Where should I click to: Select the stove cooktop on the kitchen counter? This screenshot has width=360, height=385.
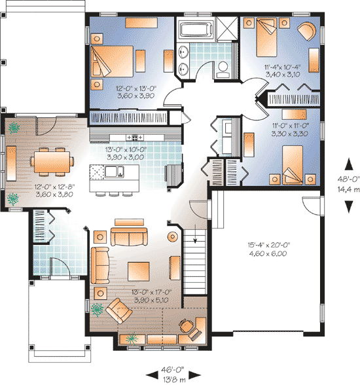[x=135, y=136]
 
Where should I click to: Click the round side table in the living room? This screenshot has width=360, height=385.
[x=173, y=236]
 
